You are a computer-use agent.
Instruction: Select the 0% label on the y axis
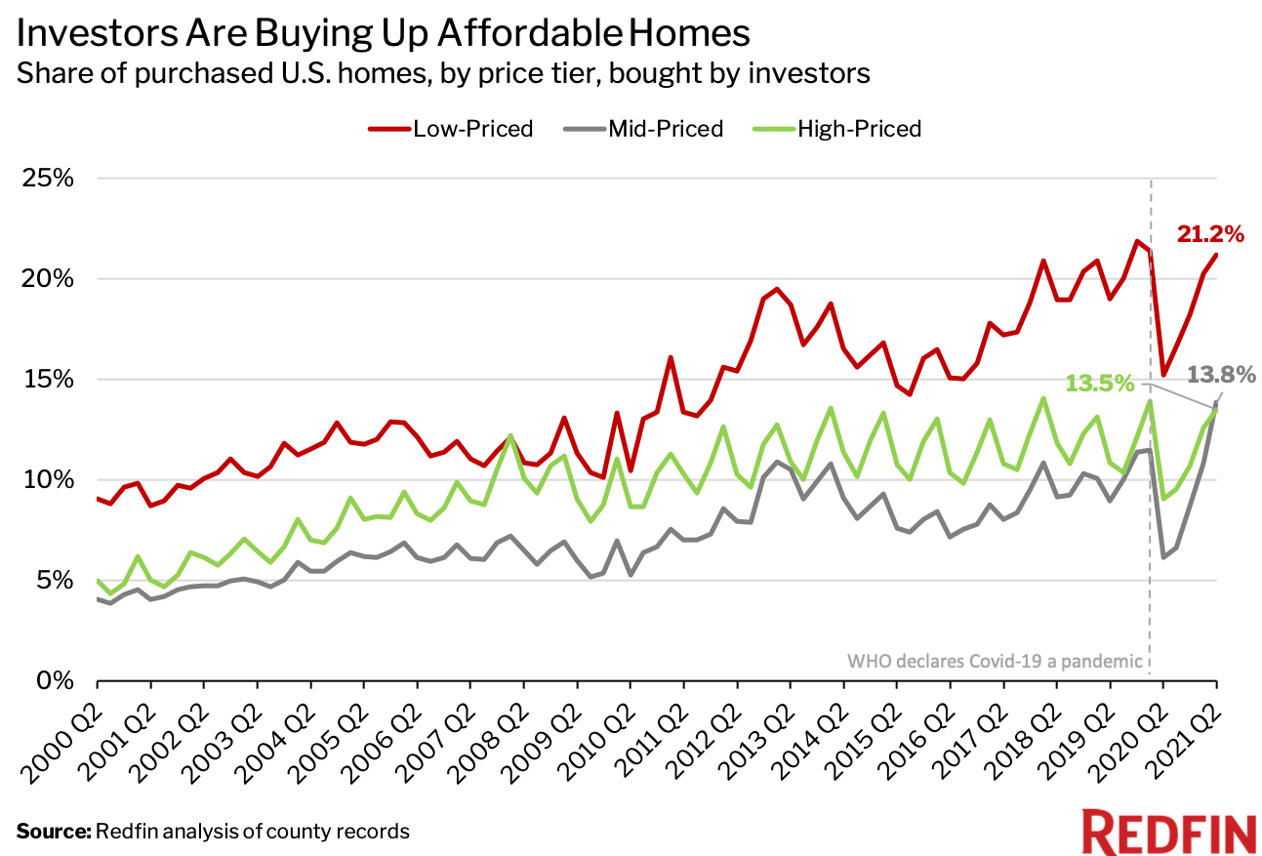pos(53,680)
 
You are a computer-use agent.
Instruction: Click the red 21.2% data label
pos(1208,234)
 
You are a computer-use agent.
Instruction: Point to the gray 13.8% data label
pos(1219,375)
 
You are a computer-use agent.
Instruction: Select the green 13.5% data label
pos(1100,384)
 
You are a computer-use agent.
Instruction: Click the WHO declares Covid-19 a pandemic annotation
pos(995,661)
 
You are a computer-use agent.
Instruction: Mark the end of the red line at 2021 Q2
pos(1216,255)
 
